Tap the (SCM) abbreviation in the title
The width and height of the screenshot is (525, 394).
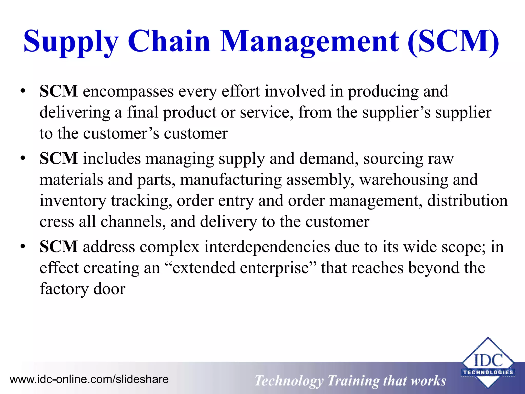coord(453,42)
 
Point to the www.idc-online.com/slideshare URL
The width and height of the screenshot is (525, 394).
coord(89,379)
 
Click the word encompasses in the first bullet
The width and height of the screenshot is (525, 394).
coord(128,92)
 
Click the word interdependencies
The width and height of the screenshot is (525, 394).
coord(267,247)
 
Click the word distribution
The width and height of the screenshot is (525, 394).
coord(467,201)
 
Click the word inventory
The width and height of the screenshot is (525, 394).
coord(73,201)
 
